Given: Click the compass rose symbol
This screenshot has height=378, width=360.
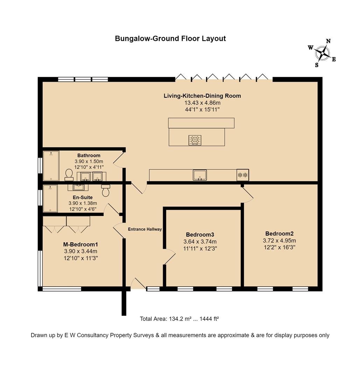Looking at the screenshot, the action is pos(322,53).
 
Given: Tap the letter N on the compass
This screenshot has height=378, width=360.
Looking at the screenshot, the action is pos(328,41).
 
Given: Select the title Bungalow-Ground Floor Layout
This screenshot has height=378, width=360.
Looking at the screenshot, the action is pos(170,38).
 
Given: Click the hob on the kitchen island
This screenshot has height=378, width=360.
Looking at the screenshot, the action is pos(195,140).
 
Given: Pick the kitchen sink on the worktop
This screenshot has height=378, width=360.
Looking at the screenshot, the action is pos(200,175).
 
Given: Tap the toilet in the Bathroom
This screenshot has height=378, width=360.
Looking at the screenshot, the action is pos(69,175).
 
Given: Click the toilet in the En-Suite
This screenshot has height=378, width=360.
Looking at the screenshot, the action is pos(106,190).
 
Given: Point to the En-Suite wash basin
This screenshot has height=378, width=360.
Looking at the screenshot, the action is pos(78,187).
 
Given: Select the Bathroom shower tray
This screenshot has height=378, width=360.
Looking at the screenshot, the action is pos(51,166).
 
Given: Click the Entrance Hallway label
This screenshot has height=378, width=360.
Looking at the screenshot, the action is pos(145,229).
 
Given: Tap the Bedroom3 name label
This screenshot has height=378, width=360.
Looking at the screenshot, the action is pos(200,234).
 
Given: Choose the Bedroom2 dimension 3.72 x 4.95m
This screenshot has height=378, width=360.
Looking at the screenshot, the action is pos(279,240).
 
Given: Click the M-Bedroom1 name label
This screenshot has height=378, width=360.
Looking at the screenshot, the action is pos(80,244).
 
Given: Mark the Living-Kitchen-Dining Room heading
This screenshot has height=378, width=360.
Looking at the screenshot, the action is pos(202,96).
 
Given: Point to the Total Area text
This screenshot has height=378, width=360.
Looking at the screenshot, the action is pos(179,319).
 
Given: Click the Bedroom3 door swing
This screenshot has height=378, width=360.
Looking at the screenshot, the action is pos(170,257).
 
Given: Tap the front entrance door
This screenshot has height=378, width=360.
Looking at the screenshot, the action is pos(138,283).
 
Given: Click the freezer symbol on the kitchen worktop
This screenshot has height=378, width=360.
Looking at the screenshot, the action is pos(243,175).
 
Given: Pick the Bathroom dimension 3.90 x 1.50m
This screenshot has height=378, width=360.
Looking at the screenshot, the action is pos(89,161).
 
